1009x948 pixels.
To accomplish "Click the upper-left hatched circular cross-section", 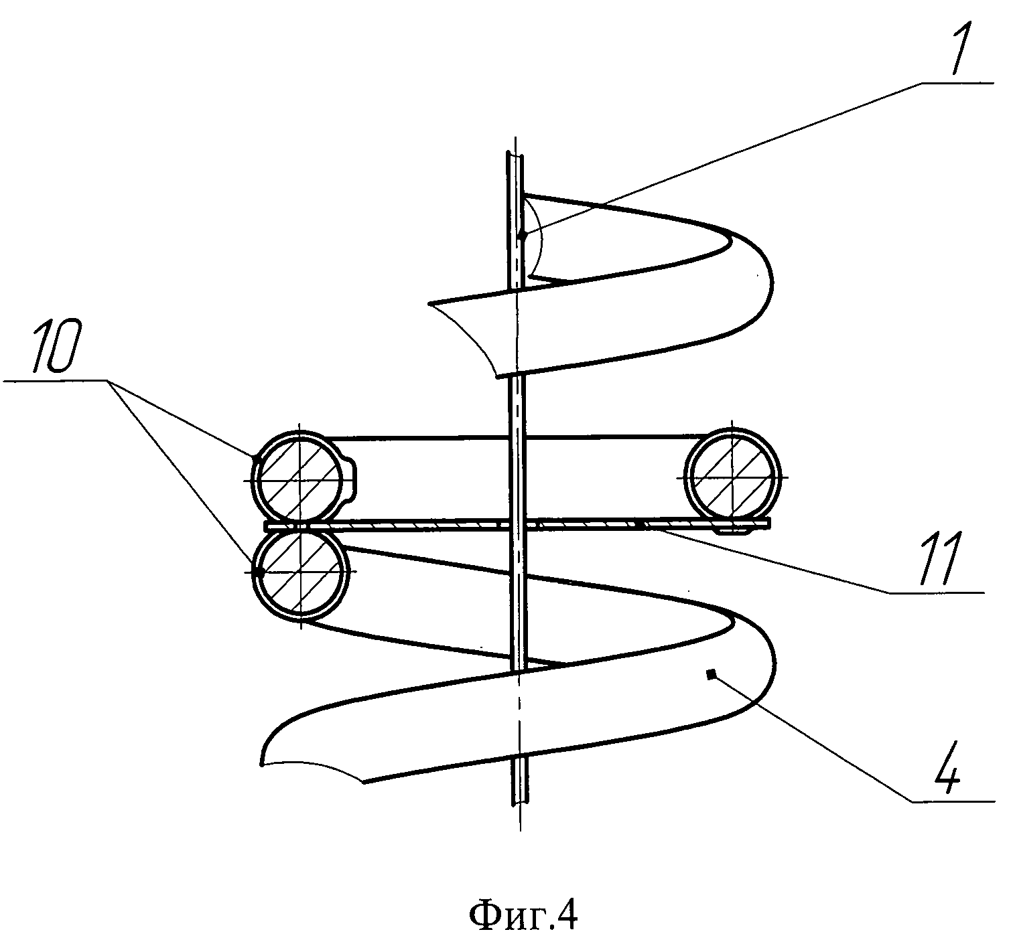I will (x=301, y=478).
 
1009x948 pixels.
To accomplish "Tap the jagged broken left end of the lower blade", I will (x=308, y=767).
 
